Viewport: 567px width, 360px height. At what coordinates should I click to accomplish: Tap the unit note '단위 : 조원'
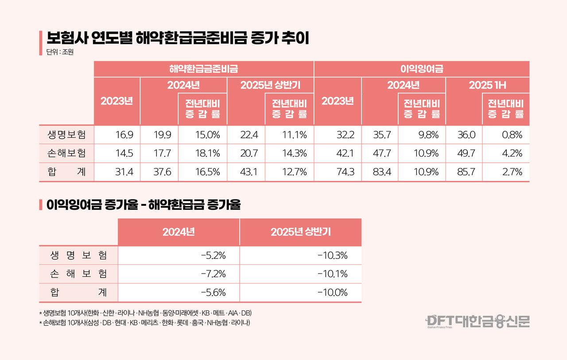(59, 52)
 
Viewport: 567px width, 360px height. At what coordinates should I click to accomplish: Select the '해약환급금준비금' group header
(204, 69)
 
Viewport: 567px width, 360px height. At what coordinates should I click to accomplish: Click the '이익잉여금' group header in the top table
(421, 69)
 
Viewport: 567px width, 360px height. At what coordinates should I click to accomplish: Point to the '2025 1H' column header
(487, 86)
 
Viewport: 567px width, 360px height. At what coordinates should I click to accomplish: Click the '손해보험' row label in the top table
(66, 153)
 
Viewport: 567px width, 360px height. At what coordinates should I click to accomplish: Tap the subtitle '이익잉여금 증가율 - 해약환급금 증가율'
(143, 205)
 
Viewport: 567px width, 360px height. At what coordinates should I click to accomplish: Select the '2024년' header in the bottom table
(179, 232)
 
